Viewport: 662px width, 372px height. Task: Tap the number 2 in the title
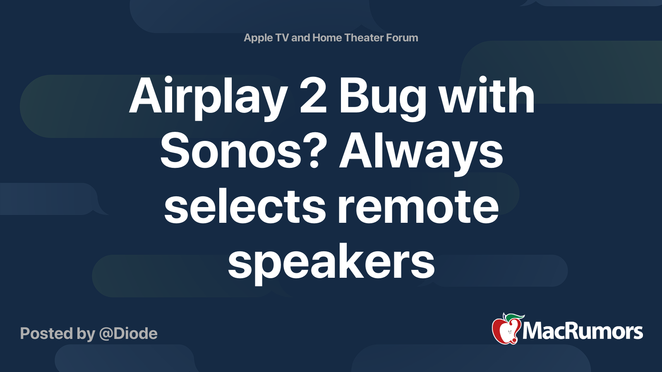pos(313,95)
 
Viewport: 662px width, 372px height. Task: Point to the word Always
pos(421,153)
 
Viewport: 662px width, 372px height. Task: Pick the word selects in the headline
pos(245,205)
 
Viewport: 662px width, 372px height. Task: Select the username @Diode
pos(128,334)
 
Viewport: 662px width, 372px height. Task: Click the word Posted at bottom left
pos(46,334)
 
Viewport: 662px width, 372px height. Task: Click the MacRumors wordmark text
pos(583,331)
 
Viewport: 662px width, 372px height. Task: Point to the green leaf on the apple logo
pos(513,317)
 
